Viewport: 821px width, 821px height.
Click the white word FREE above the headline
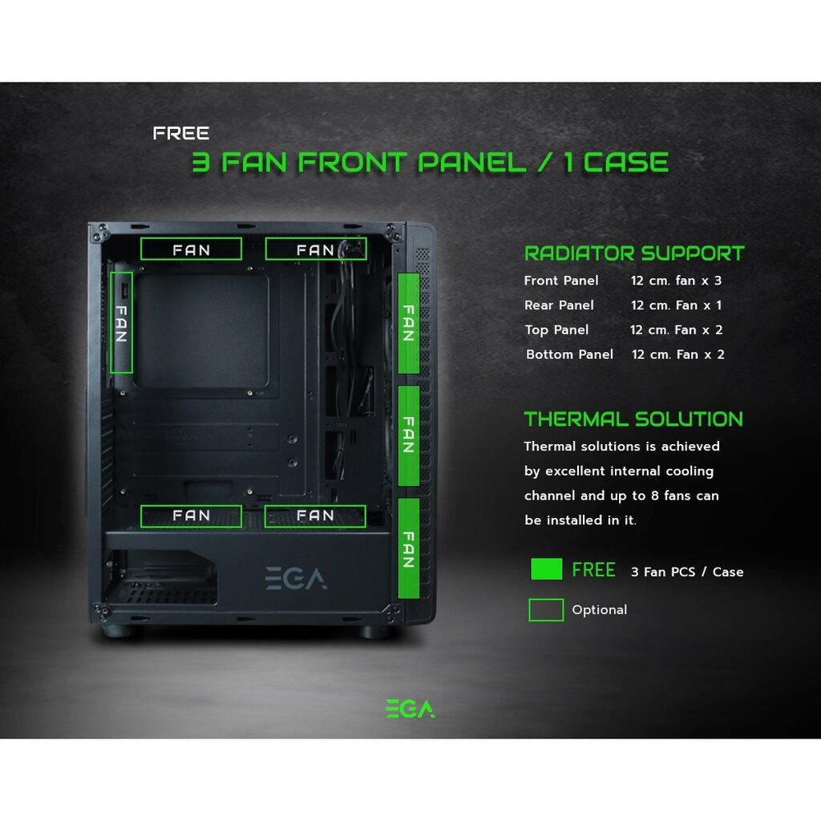tap(181, 134)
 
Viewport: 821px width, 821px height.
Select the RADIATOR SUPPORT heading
tap(634, 253)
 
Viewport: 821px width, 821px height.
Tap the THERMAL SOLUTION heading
tap(633, 419)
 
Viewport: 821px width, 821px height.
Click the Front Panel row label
tap(560, 281)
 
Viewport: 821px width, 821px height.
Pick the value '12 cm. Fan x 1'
tap(677, 305)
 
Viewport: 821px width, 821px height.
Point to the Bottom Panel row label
tap(570, 354)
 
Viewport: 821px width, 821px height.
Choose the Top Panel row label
tap(556, 330)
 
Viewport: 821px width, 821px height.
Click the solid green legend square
tap(546, 569)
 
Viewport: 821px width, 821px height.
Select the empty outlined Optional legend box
tap(546, 599)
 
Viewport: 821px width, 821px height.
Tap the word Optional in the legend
tap(599, 610)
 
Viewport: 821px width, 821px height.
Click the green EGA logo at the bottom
tap(410, 709)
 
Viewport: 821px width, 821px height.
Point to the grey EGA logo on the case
tap(296, 578)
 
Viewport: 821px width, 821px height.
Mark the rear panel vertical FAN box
tap(111, 322)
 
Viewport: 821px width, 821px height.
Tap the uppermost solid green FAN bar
tap(408, 323)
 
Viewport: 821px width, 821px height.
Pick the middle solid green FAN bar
tap(408, 435)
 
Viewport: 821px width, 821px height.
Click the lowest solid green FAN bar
tap(408, 548)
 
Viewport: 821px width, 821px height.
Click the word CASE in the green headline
tap(625, 162)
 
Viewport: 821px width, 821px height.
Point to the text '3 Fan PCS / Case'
tap(687, 572)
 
